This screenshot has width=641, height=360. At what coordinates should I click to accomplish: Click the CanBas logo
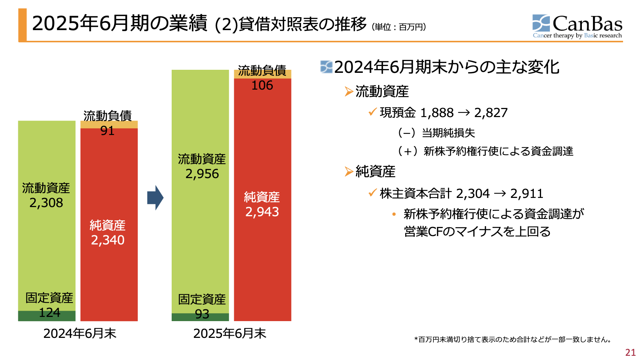click(577, 26)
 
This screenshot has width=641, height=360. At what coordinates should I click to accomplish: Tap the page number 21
click(630, 352)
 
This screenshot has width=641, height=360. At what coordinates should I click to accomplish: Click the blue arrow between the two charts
click(155, 198)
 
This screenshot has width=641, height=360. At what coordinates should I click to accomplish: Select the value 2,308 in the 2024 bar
click(46, 203)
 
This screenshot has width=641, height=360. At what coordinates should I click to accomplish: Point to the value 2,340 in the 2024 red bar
click(108, 240)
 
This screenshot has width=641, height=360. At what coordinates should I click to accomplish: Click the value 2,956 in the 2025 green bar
click(202, 174)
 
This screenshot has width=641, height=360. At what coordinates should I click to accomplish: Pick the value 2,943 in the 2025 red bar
click(262, 212)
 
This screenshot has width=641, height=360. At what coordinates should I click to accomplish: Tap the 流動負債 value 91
click(107, 131)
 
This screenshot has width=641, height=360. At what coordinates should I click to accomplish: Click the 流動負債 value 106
click(262, 85)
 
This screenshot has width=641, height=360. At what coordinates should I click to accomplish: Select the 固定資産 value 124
click(50, 313)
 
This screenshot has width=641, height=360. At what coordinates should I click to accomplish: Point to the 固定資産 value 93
click(202, 314)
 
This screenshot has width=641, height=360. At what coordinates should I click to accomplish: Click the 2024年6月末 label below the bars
click(79, 334)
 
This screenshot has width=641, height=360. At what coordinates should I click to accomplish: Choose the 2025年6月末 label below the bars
click(230, 334)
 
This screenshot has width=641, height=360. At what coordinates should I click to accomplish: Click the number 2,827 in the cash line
click(491, 113)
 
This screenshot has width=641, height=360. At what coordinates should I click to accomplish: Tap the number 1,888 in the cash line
click(437, 113)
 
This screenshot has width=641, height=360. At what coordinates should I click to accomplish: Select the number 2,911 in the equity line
click(527, 194)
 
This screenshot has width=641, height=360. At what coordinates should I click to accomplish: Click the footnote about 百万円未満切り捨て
click(514, 339)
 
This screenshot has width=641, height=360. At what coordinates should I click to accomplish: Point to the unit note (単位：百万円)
click(399, 27)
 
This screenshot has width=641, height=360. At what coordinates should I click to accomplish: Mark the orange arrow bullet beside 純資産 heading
click(349, 172)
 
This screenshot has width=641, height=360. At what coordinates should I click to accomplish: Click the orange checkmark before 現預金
click(372, 112)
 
